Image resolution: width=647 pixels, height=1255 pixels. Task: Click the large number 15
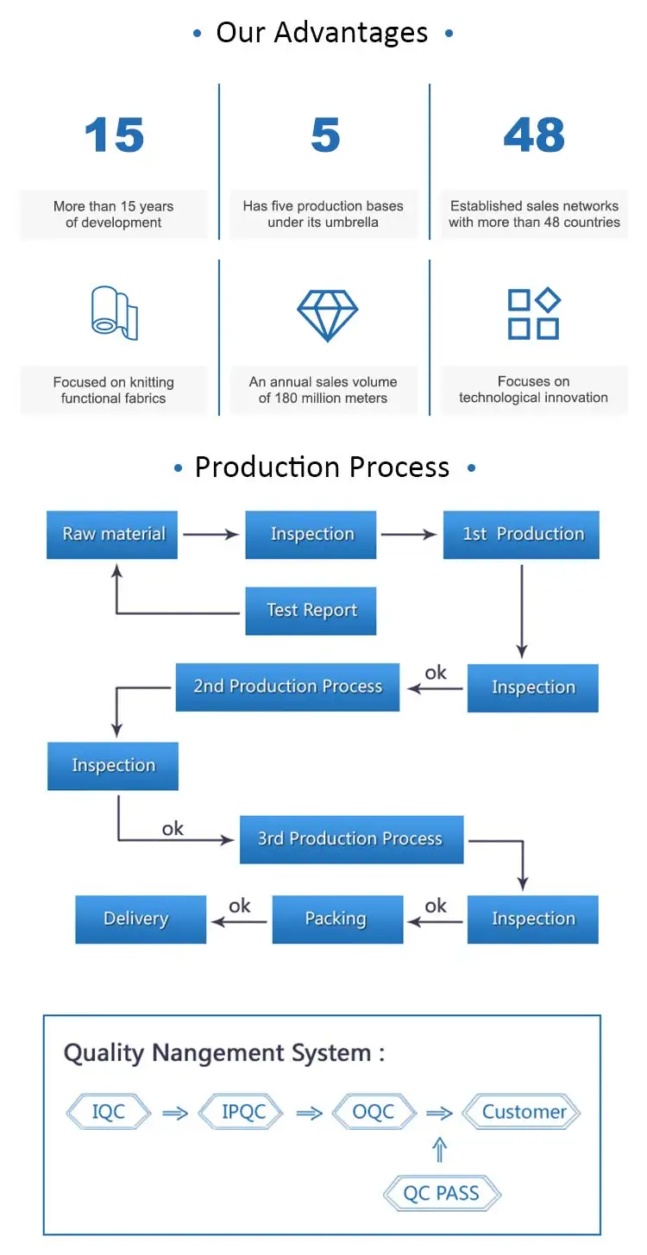[114, 135]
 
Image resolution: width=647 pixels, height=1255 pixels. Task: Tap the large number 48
[534, 135]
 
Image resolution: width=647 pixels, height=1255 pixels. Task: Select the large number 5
[325, 135]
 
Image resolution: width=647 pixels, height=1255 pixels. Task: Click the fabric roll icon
[114, 313]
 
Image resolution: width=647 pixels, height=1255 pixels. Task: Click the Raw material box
[112, 534]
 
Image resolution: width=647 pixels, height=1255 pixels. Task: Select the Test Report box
[311, 611]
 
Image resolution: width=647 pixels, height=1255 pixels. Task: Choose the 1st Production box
[521, 534]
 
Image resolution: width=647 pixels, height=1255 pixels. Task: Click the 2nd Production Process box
[287, 687]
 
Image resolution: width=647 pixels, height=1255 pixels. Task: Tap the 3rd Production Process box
[351, 839]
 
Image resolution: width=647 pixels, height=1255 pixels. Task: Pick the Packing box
[337, 919]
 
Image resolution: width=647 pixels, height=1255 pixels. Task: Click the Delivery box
[141, 919]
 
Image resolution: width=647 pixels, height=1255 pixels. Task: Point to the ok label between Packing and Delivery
[239, 906]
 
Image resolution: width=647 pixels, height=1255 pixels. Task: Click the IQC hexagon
[109, 1112]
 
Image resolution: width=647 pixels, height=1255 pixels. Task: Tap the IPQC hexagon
[242, 1112]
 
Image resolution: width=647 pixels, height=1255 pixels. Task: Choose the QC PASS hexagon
[442, 1194]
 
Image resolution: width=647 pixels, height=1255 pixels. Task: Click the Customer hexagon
[523, 1112]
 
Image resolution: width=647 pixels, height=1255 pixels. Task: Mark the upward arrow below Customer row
[440, 1150]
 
